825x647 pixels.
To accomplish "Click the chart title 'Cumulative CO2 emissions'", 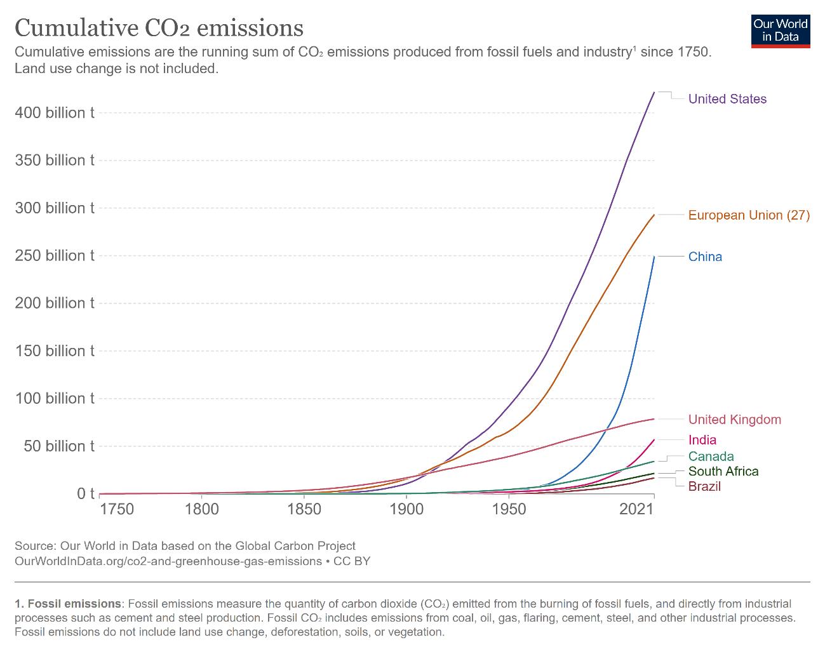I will coord(159,27).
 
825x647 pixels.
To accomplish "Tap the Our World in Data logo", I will coord(780,30).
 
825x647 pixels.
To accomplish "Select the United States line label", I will coord(727,99).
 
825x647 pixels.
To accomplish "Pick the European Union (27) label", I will coord(749,215).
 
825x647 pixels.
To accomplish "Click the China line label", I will coord(705,257).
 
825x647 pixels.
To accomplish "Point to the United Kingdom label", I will coord(734,420).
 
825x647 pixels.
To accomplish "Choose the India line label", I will coord(702,440).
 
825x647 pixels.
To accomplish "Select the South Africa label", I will coord(723,471).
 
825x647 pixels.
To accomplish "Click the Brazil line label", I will coord(704,486).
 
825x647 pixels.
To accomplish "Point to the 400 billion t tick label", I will coord(55,113).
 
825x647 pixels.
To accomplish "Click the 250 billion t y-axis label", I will coord(55,256).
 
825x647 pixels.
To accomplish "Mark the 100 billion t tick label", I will coord(55,399).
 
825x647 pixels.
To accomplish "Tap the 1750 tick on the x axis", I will coord(117,509).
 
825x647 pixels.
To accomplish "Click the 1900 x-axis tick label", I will coord(406,509).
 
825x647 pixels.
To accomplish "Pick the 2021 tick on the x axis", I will coord(637,509).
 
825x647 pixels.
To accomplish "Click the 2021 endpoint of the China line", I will coord(654,257).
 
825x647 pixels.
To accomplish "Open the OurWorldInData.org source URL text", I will coord(168,561).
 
